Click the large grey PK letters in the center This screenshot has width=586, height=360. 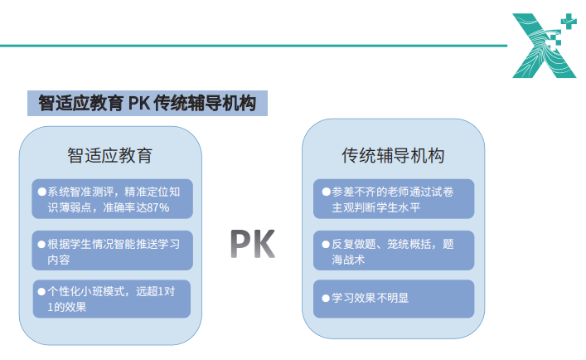click(252, 244)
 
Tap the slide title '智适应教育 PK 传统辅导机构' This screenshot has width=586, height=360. click(147, 104)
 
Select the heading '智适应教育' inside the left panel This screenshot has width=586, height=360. click(110, 155)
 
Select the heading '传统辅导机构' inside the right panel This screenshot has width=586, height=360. click(393, 155)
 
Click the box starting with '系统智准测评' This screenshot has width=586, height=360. click(112, 198)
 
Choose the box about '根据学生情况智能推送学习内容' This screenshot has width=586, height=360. click(112, 251)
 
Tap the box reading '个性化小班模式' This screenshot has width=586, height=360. click(112, 299)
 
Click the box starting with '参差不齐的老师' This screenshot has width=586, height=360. click(393, 198)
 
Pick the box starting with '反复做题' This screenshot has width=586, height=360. click(393, 251)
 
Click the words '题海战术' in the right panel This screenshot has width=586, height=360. click(348, 260)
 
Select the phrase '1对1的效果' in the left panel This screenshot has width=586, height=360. click(66, 307)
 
